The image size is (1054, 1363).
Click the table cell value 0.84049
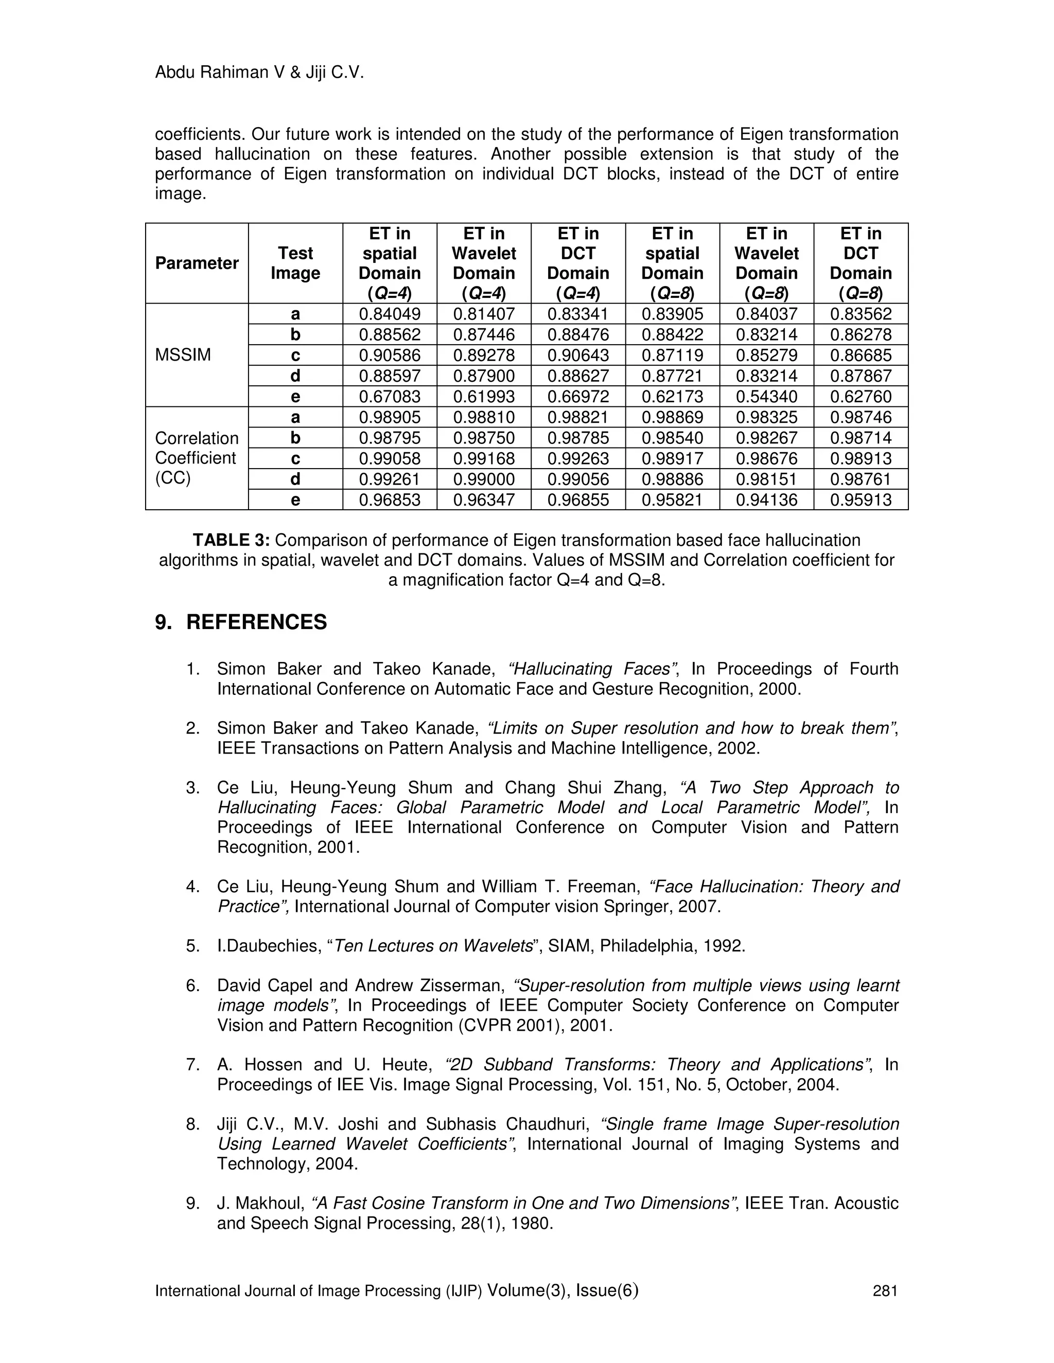pyautogui.click(x=390, y=314)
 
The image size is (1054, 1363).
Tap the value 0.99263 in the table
pyautogui.click(x=577, y=459)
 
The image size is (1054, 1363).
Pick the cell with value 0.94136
pyautogui.click(x=766, y=500)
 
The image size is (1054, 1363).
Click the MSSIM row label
pyautogui.click(x=182, y=355)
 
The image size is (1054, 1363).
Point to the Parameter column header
pyautogui.click(x=197, y=263)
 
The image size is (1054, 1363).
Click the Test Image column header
pyautogui.click(x=295, y=263)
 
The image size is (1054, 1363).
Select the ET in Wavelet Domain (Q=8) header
pyautogui.click(x=766, y=263)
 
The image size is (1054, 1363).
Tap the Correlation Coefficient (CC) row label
pyautogui.click(x=196, y=458)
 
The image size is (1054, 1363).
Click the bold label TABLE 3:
pyautogui.click(x=231, y=541)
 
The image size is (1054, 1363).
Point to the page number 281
pyautogui.click(x=885, y=1290)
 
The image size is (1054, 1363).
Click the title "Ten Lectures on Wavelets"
pyautogui.click(x=433, y=946)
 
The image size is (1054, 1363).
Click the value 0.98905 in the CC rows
pyautogui.click(x=390, y=418)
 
